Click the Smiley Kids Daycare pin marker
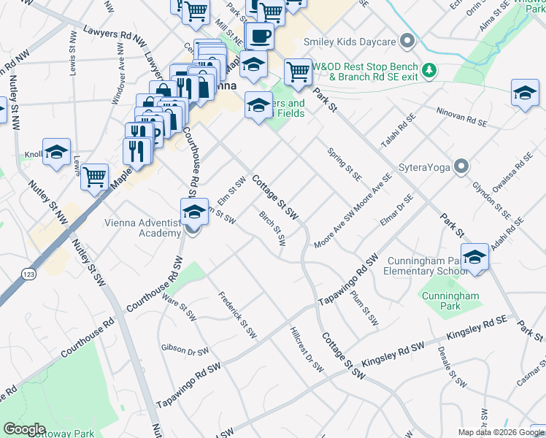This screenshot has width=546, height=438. (x=408, y=41)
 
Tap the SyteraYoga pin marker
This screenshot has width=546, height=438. (x=461, y=167)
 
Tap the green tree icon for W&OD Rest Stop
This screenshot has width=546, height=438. (x=431, y=70)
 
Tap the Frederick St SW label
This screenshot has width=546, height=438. (x=238, y=315)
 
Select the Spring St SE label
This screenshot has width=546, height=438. (x=344, y=165)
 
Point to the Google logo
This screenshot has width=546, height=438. (x=25, y=429)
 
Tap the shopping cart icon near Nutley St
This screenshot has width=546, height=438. (x=95, y=177)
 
